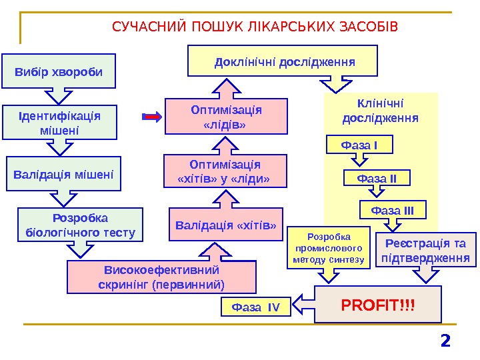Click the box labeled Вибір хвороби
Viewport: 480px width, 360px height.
tap(59, 71)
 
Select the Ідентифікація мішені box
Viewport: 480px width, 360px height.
tap(59, 123)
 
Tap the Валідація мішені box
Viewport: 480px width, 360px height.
tap(63, 174)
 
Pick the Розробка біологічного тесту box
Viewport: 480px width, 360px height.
tap(80, 225)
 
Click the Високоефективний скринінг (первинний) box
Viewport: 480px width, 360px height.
tap(161, 277)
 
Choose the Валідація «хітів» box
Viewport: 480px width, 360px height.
tap(225, 225)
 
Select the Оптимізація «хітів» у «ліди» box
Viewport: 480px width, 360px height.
tap(225, 171)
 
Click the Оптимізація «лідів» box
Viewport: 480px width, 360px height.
tap(226, 117)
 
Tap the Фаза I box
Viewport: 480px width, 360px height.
tap(359, 145)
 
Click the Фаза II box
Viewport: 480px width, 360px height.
tap(377, 178)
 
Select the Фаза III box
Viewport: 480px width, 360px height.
tap(393, 211)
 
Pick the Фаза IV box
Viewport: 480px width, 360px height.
tap(257, 307)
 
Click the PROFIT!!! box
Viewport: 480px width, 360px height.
tap(378, 305)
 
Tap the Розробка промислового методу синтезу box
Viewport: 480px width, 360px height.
tap(328, 247)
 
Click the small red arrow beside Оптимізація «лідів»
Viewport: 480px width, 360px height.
tap(153, 117)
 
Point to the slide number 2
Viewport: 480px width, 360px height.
tap(445, 341)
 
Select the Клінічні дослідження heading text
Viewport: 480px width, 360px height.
tap(380, 111)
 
